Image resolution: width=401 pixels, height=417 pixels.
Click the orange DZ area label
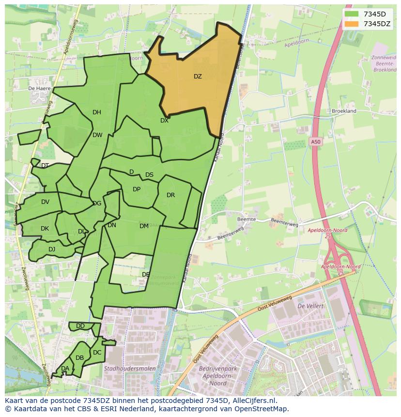tap(198, 77)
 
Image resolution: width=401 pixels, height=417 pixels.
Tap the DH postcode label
tap(97, 112)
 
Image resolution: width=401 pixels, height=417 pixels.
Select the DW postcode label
tap(97, 135)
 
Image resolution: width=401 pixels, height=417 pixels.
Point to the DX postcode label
tap(164, 121)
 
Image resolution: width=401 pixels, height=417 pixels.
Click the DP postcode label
tap(137, 189)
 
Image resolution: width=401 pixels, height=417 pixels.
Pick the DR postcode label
tap(170, 195)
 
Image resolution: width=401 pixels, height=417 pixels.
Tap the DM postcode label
tap(144, 226)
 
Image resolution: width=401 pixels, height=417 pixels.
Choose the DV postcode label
tap(45, 202)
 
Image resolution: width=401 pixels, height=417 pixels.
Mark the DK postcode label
tap(45, 229)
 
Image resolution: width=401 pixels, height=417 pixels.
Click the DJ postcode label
tap(52, 249)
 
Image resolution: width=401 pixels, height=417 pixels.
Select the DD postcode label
tap(80, 326)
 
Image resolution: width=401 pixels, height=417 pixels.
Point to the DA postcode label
tap(65, 369)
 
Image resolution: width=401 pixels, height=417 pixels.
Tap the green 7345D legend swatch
tap(352, 14)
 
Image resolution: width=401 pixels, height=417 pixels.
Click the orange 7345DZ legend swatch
tap(352, 24)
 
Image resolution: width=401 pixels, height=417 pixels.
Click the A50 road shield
tap(315, 141)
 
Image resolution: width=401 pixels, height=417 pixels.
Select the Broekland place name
tap(344, 111)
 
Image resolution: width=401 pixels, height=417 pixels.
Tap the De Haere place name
tap(40, 89)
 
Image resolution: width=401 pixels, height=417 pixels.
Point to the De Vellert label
tap(310, 306)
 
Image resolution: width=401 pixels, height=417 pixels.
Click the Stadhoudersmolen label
tap(127, 369)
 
